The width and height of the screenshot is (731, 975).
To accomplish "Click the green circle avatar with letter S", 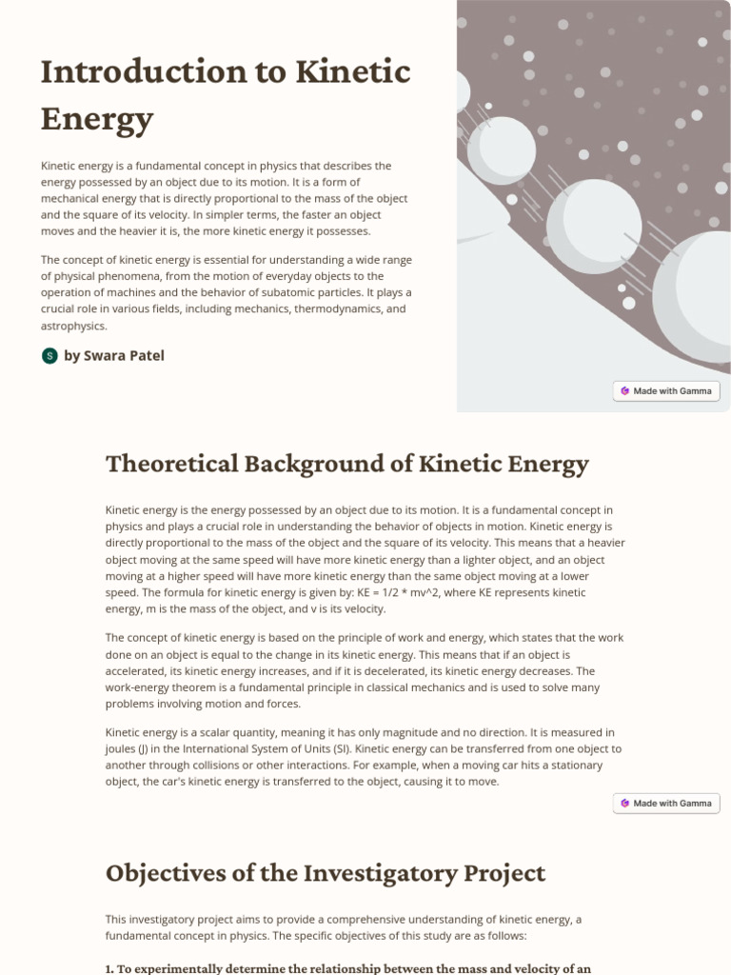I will pyautogui.click(x=49, y=355).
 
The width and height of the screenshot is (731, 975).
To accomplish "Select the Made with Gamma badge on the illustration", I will pyautogui.click(x=665, y=390).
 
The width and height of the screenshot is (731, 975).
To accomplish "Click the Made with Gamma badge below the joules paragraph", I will pyautogui.click(x=665, y=803).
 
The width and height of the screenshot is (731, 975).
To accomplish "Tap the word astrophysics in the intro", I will pyautogui.click(x=73, y=326).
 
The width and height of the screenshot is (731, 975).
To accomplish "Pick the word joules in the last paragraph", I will pyautogui.click(x=121, y=748).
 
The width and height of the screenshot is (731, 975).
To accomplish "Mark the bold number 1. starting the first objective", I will pyautogui.click(x=109, y=968).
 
